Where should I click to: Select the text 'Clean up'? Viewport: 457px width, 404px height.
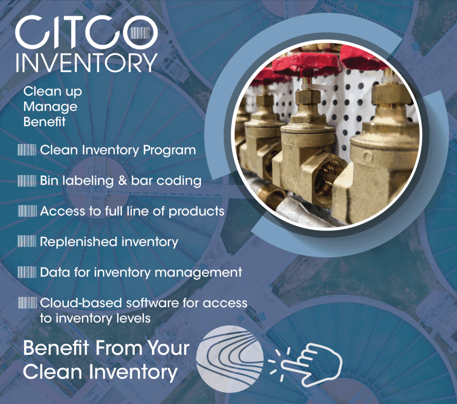pyautogui.click(x=53, y=92)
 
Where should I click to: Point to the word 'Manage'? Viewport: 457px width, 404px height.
pyautogui.click(x=50, y=107)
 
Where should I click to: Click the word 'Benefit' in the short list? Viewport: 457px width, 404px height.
pyautogui.click(x=44, y=122)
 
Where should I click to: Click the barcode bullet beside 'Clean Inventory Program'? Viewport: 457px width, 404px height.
pyautogui.click(x=27, y=150)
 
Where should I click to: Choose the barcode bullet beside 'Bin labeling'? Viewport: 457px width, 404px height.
pyautogui.click(x=27, y=181)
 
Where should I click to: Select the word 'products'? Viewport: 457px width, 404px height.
pyautogui.click(x=201, y=211)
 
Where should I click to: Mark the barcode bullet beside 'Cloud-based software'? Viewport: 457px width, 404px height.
pyautogui.click(x=27, y=303)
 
